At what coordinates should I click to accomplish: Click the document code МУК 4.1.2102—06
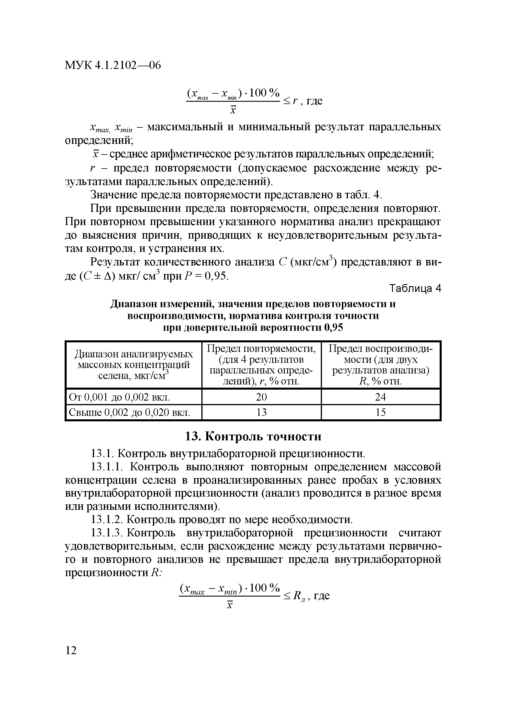tap(113, 65)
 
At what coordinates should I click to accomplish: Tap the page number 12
tap(71, 650)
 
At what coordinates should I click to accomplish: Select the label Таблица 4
tap(415, 289)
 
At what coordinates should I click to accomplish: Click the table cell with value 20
tap(261, 397)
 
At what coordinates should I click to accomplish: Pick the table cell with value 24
tap(380, 397)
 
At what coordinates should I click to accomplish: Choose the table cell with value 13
tap(261, 412)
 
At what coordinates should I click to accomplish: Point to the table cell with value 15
tap(380, 412)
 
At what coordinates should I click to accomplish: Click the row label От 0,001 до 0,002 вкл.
tap(119, 397)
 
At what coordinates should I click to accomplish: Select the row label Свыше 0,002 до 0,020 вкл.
tap(129, 413)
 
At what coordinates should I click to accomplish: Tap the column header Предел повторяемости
tap(261, 365)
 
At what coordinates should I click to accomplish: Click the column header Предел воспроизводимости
tap(380, 365)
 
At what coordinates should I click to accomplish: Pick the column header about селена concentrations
tap(134, 365)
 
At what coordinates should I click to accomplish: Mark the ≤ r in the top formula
tap(289, 101)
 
